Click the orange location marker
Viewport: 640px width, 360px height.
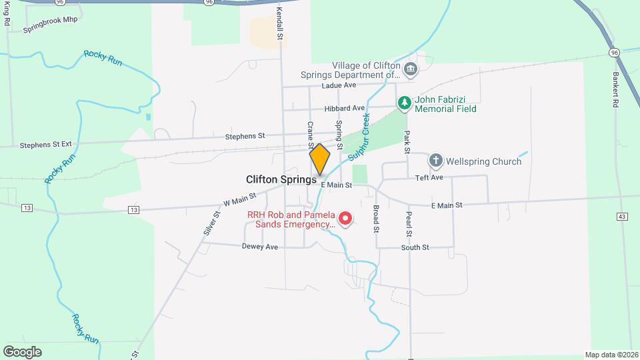(x=320, y=159)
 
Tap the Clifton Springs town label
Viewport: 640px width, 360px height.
(x=281, y=179)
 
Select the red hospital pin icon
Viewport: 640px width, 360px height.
(x=345, y=218)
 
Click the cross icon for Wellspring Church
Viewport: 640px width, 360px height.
(x=436, y=160)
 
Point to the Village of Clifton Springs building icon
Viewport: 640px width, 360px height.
(x=411, y=68)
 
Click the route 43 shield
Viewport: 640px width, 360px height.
(x=622, y=217)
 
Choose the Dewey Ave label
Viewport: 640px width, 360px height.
(x=259, y=246)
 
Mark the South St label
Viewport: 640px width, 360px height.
(x=415, y=247)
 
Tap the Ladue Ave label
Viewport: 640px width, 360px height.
(x=339, y=85)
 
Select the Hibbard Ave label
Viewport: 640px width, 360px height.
(x=345, y=108)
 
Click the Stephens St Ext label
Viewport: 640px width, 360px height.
(x=45, y=144)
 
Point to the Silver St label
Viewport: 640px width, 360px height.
(x=212, y=223)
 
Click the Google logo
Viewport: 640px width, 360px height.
(x=22, y=351)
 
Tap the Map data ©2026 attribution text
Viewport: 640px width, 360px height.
(x=611, y=355)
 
